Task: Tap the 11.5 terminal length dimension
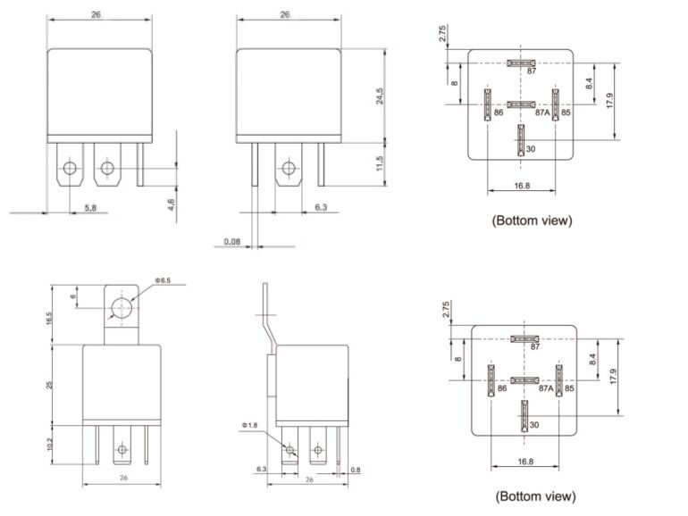tap(380, 164)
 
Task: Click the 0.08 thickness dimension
tap(232, 241)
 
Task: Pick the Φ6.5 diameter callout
tap(163, 281)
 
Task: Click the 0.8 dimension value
tap(356, 470)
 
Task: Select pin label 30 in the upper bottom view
tap(531, 148)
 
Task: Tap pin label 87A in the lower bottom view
tap(545, 389)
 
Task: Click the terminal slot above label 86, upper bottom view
tap(488, 104)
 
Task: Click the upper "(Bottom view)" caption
tap(532, 220)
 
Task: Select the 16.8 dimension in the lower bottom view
tap(524, 462)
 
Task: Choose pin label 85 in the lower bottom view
tap(569, 389)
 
